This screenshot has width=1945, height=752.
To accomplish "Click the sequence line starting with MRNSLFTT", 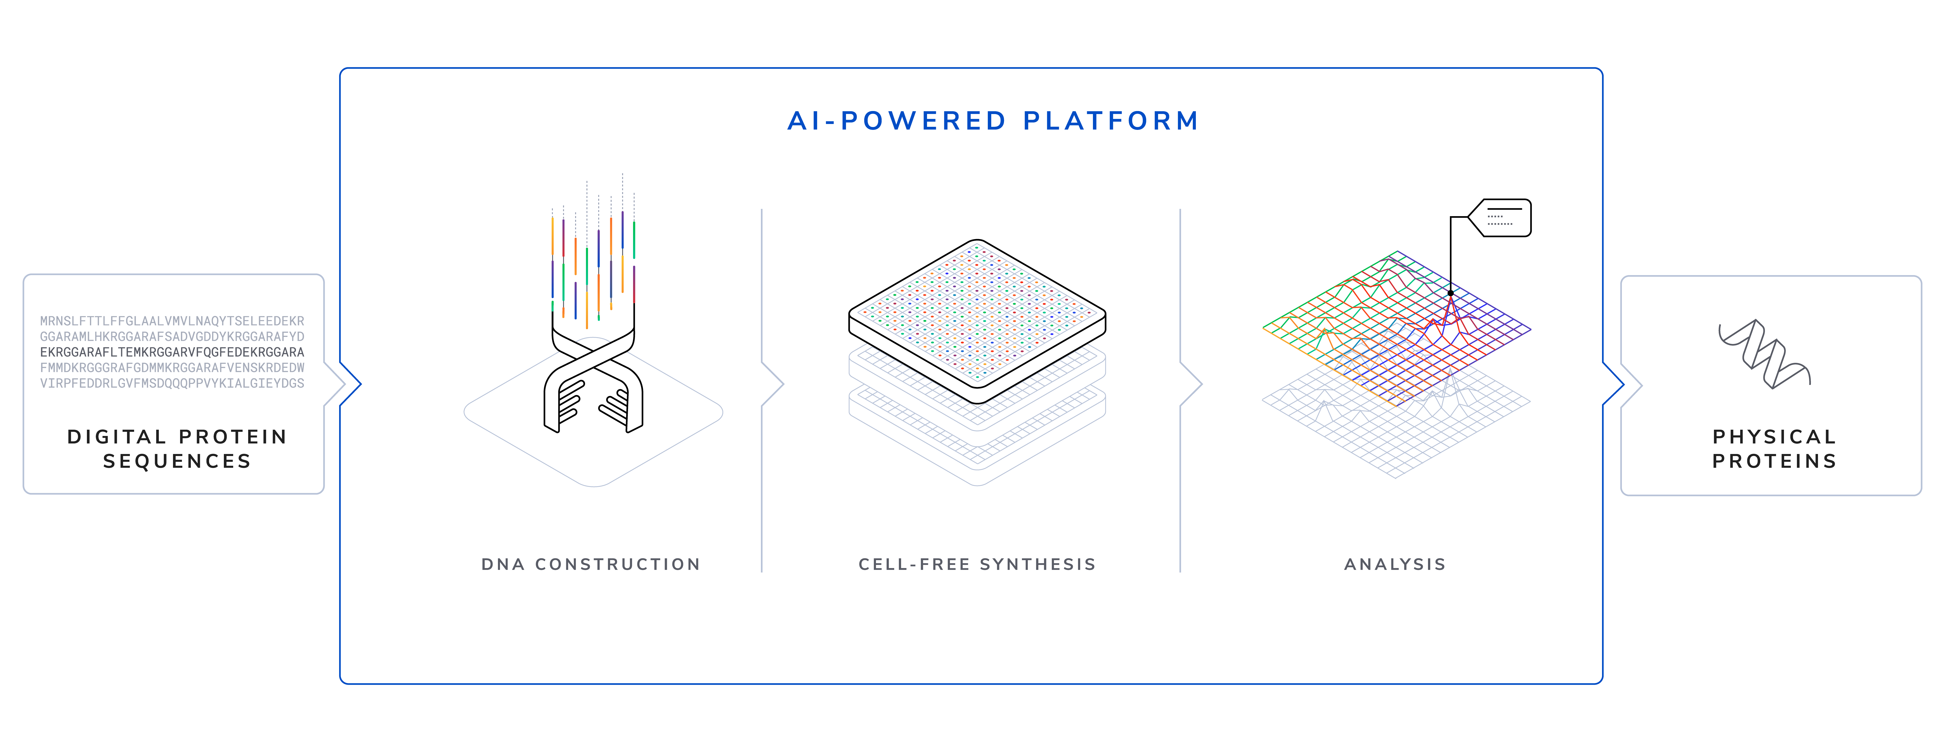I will (x=172, y=321).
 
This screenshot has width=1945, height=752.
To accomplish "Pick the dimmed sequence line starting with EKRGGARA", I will (x=172, y=352).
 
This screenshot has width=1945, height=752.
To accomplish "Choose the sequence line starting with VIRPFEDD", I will (x=172, y=383).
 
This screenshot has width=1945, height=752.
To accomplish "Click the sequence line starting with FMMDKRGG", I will (x=172, y=368).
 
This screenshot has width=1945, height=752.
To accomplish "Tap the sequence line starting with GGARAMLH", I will (x=172, y=337).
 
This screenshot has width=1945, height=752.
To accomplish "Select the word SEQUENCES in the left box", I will (x=177, y=461).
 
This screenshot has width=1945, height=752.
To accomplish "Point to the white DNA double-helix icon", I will (x=593, y=381).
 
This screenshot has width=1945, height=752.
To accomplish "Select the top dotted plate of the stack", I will (x=977, y=317).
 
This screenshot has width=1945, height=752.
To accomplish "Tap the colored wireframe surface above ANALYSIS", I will (x=1397, y=317).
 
